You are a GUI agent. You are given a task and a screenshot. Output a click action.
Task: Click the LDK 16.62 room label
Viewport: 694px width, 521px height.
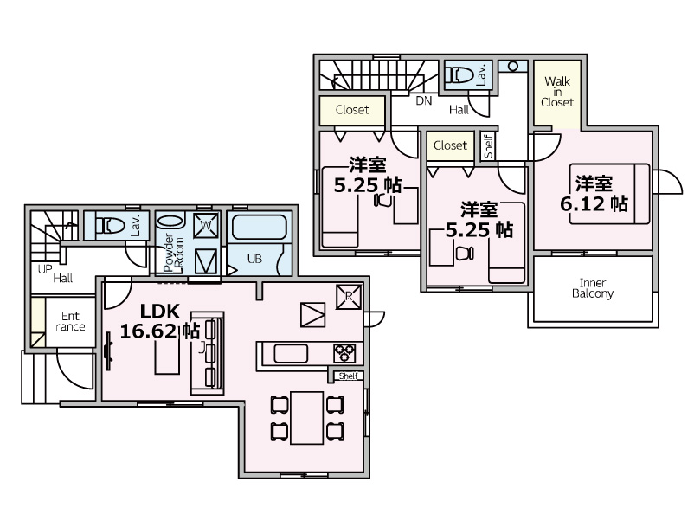pyautogui.click(x=160, y=321)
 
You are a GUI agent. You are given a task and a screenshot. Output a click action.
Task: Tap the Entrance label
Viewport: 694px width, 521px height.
pyautogui.click(x=70, y=321)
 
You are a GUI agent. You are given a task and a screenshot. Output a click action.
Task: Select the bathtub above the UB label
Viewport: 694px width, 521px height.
pyautogui.click(x=259, y=227)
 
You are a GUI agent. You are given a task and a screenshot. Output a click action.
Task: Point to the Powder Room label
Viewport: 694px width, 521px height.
pyautogui.click(x=173, y=253)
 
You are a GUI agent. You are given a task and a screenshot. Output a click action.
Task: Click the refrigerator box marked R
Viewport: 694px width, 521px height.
pyautogui.click(x=349, y=297)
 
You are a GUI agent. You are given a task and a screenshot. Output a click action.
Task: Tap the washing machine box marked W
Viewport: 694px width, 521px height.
pyautogui.click(x=206, y=225)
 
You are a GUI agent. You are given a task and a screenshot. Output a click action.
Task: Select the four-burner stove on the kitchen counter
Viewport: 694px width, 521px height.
pyautogui.click(x=344, y=354)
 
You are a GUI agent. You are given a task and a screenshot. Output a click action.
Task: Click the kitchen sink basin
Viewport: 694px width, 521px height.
pyautogui.click(x=291, y=354)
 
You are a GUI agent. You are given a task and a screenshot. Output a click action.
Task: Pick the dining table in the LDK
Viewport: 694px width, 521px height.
pyautogui.click(x=306, y=417)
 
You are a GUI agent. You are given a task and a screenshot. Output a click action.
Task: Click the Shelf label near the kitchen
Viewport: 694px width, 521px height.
pyautogui.click(x=349, y=376)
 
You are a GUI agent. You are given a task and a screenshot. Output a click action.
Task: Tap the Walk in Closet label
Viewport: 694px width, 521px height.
pyautogui.click(x=557, y=92)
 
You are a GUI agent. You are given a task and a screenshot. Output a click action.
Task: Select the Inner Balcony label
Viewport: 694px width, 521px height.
pyautogui.click(x=593, y=288)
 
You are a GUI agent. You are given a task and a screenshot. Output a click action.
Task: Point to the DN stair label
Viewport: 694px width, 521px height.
pyautogui.click(x=423, y=101)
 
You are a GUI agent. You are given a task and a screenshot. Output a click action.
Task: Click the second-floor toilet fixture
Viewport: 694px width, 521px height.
pyautogui.click(x=460, y=74)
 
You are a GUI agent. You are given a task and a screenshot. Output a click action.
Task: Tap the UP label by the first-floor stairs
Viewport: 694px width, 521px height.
pyautogui.click(x=45, y=269)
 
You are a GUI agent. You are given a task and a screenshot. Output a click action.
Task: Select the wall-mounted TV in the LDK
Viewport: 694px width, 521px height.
pyautogui.click(x=107, y=351)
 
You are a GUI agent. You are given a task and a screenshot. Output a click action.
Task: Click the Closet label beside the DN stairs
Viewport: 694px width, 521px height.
pyautogui.click(x=352, y=109)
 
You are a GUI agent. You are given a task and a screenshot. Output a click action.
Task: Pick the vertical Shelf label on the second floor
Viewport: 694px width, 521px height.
pyautogui.click(x=488, y=146)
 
